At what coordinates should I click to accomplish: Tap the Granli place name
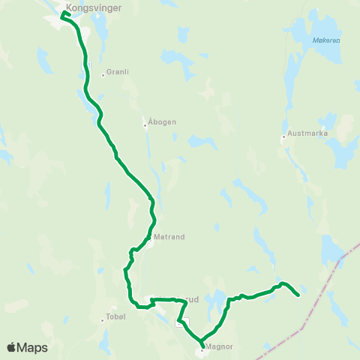tap(118, 72)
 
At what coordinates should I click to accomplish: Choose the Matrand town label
tap(169, 235)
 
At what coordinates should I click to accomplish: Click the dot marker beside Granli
tap(103, 74)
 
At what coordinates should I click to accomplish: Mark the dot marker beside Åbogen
tap(145, 125)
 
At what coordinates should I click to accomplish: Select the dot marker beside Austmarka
tap(283, 137)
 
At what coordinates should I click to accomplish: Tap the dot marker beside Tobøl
tap(102, 320)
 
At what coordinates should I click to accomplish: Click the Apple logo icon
tap(11, 347)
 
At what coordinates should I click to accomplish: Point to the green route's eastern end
tap(299, 295)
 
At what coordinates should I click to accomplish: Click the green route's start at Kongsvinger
tap(62, 14)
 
